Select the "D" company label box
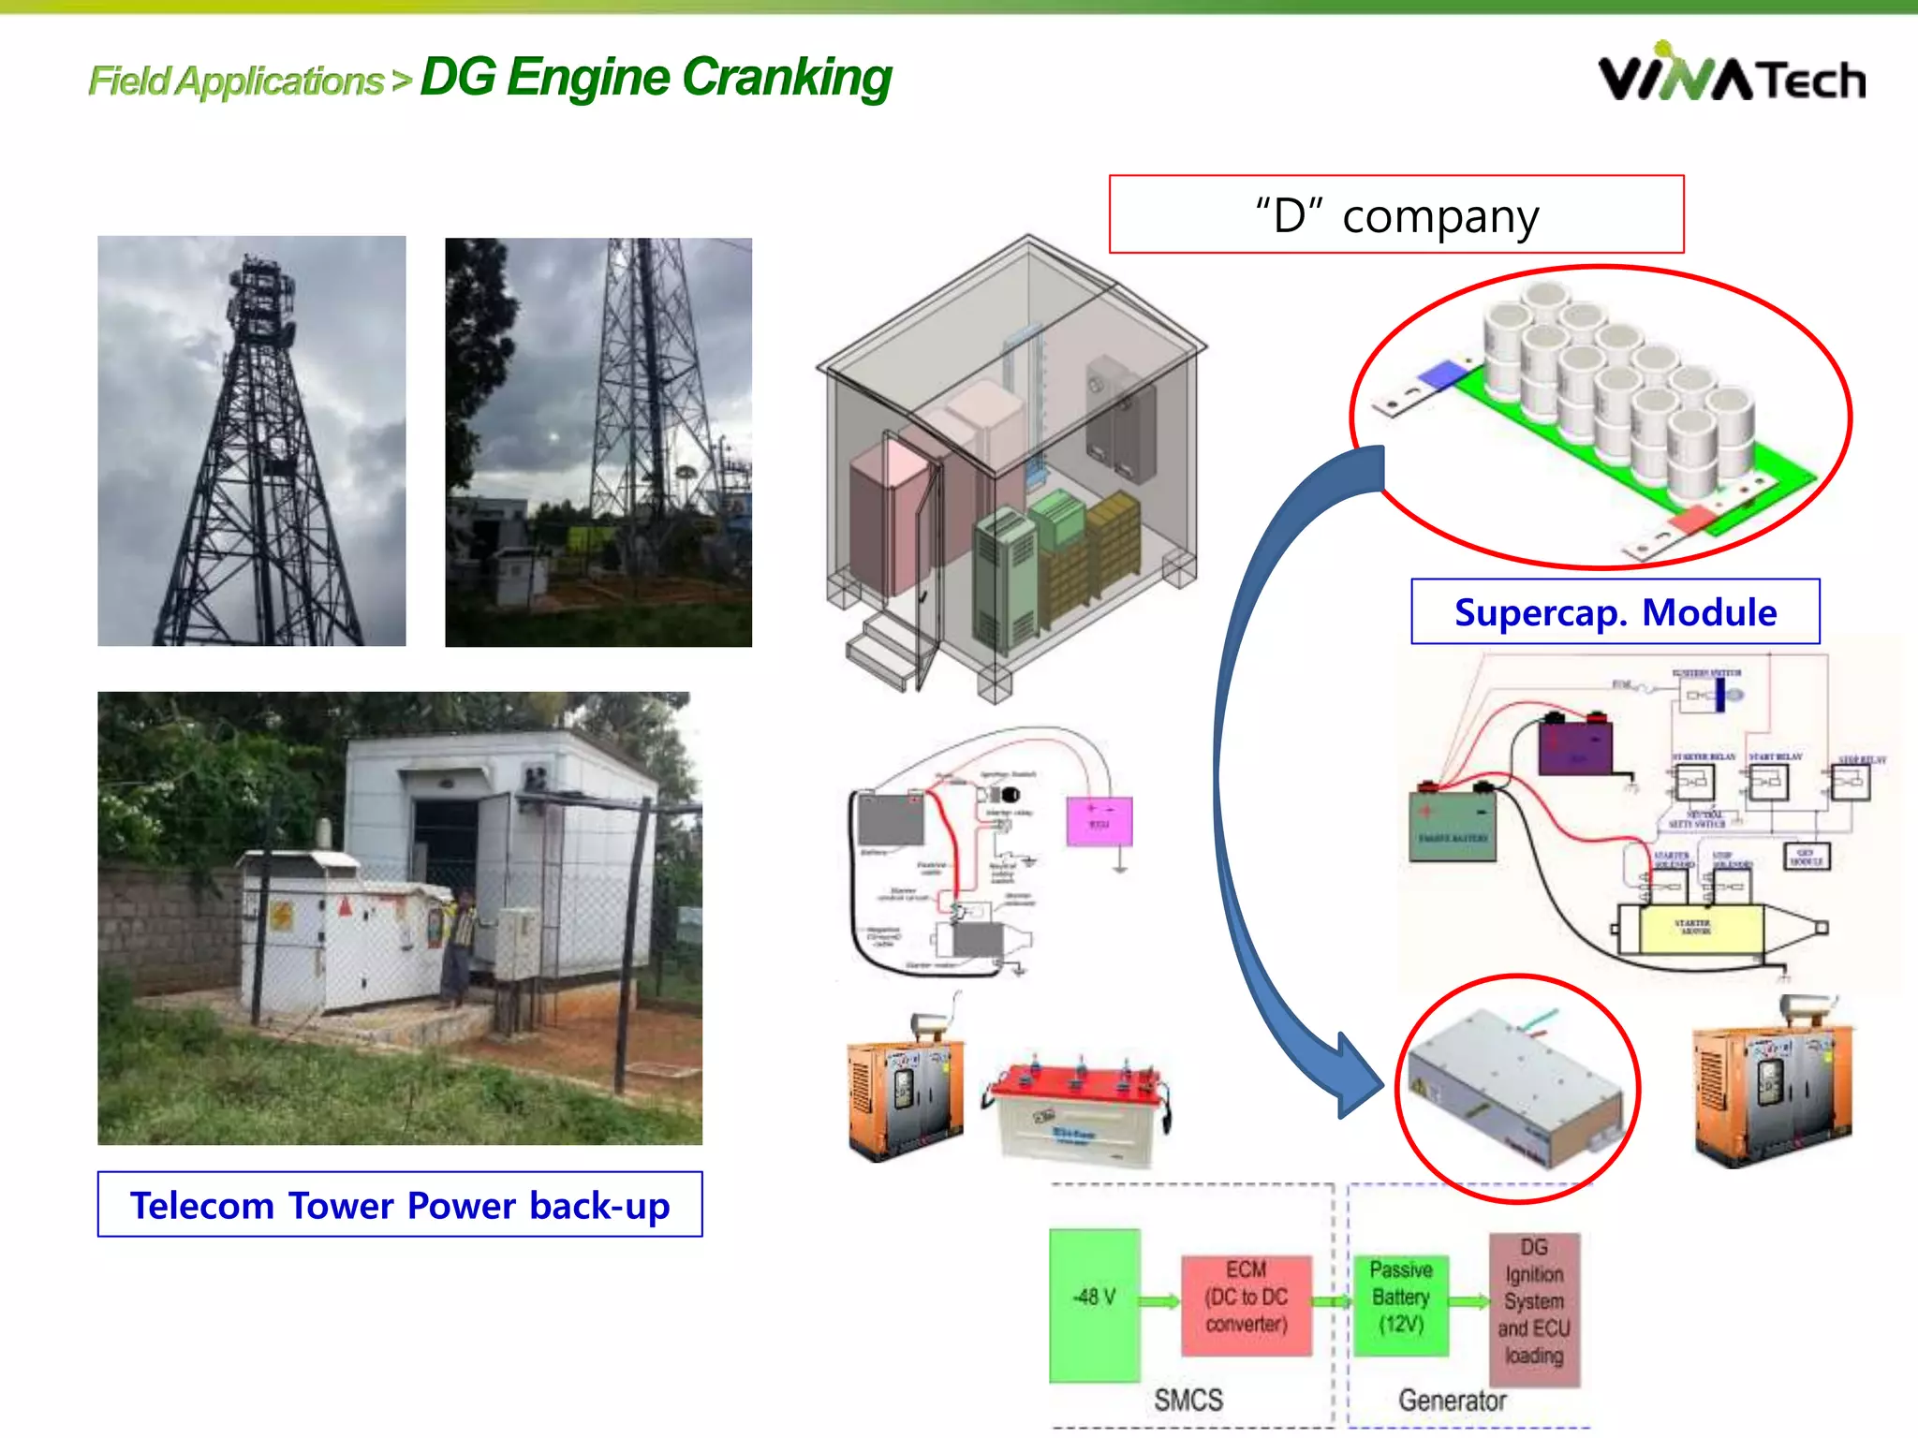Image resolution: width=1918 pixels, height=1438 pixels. tap(1395, 214)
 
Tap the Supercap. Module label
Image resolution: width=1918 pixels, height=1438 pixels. tap(1615, 612)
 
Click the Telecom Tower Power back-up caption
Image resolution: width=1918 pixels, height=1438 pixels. tap(400, 1205)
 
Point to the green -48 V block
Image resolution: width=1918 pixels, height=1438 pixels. tap(1094, 1305)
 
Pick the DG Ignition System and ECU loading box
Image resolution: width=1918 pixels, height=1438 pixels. tap(1533, 1309)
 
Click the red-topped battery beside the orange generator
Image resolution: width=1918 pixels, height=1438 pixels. tap(1077, 1114)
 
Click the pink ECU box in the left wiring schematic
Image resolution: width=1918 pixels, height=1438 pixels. tap(1099, 822)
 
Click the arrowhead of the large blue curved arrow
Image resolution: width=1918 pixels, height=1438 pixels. tap(1358, 1077)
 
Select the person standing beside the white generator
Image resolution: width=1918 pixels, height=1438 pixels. tap(458, 946)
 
